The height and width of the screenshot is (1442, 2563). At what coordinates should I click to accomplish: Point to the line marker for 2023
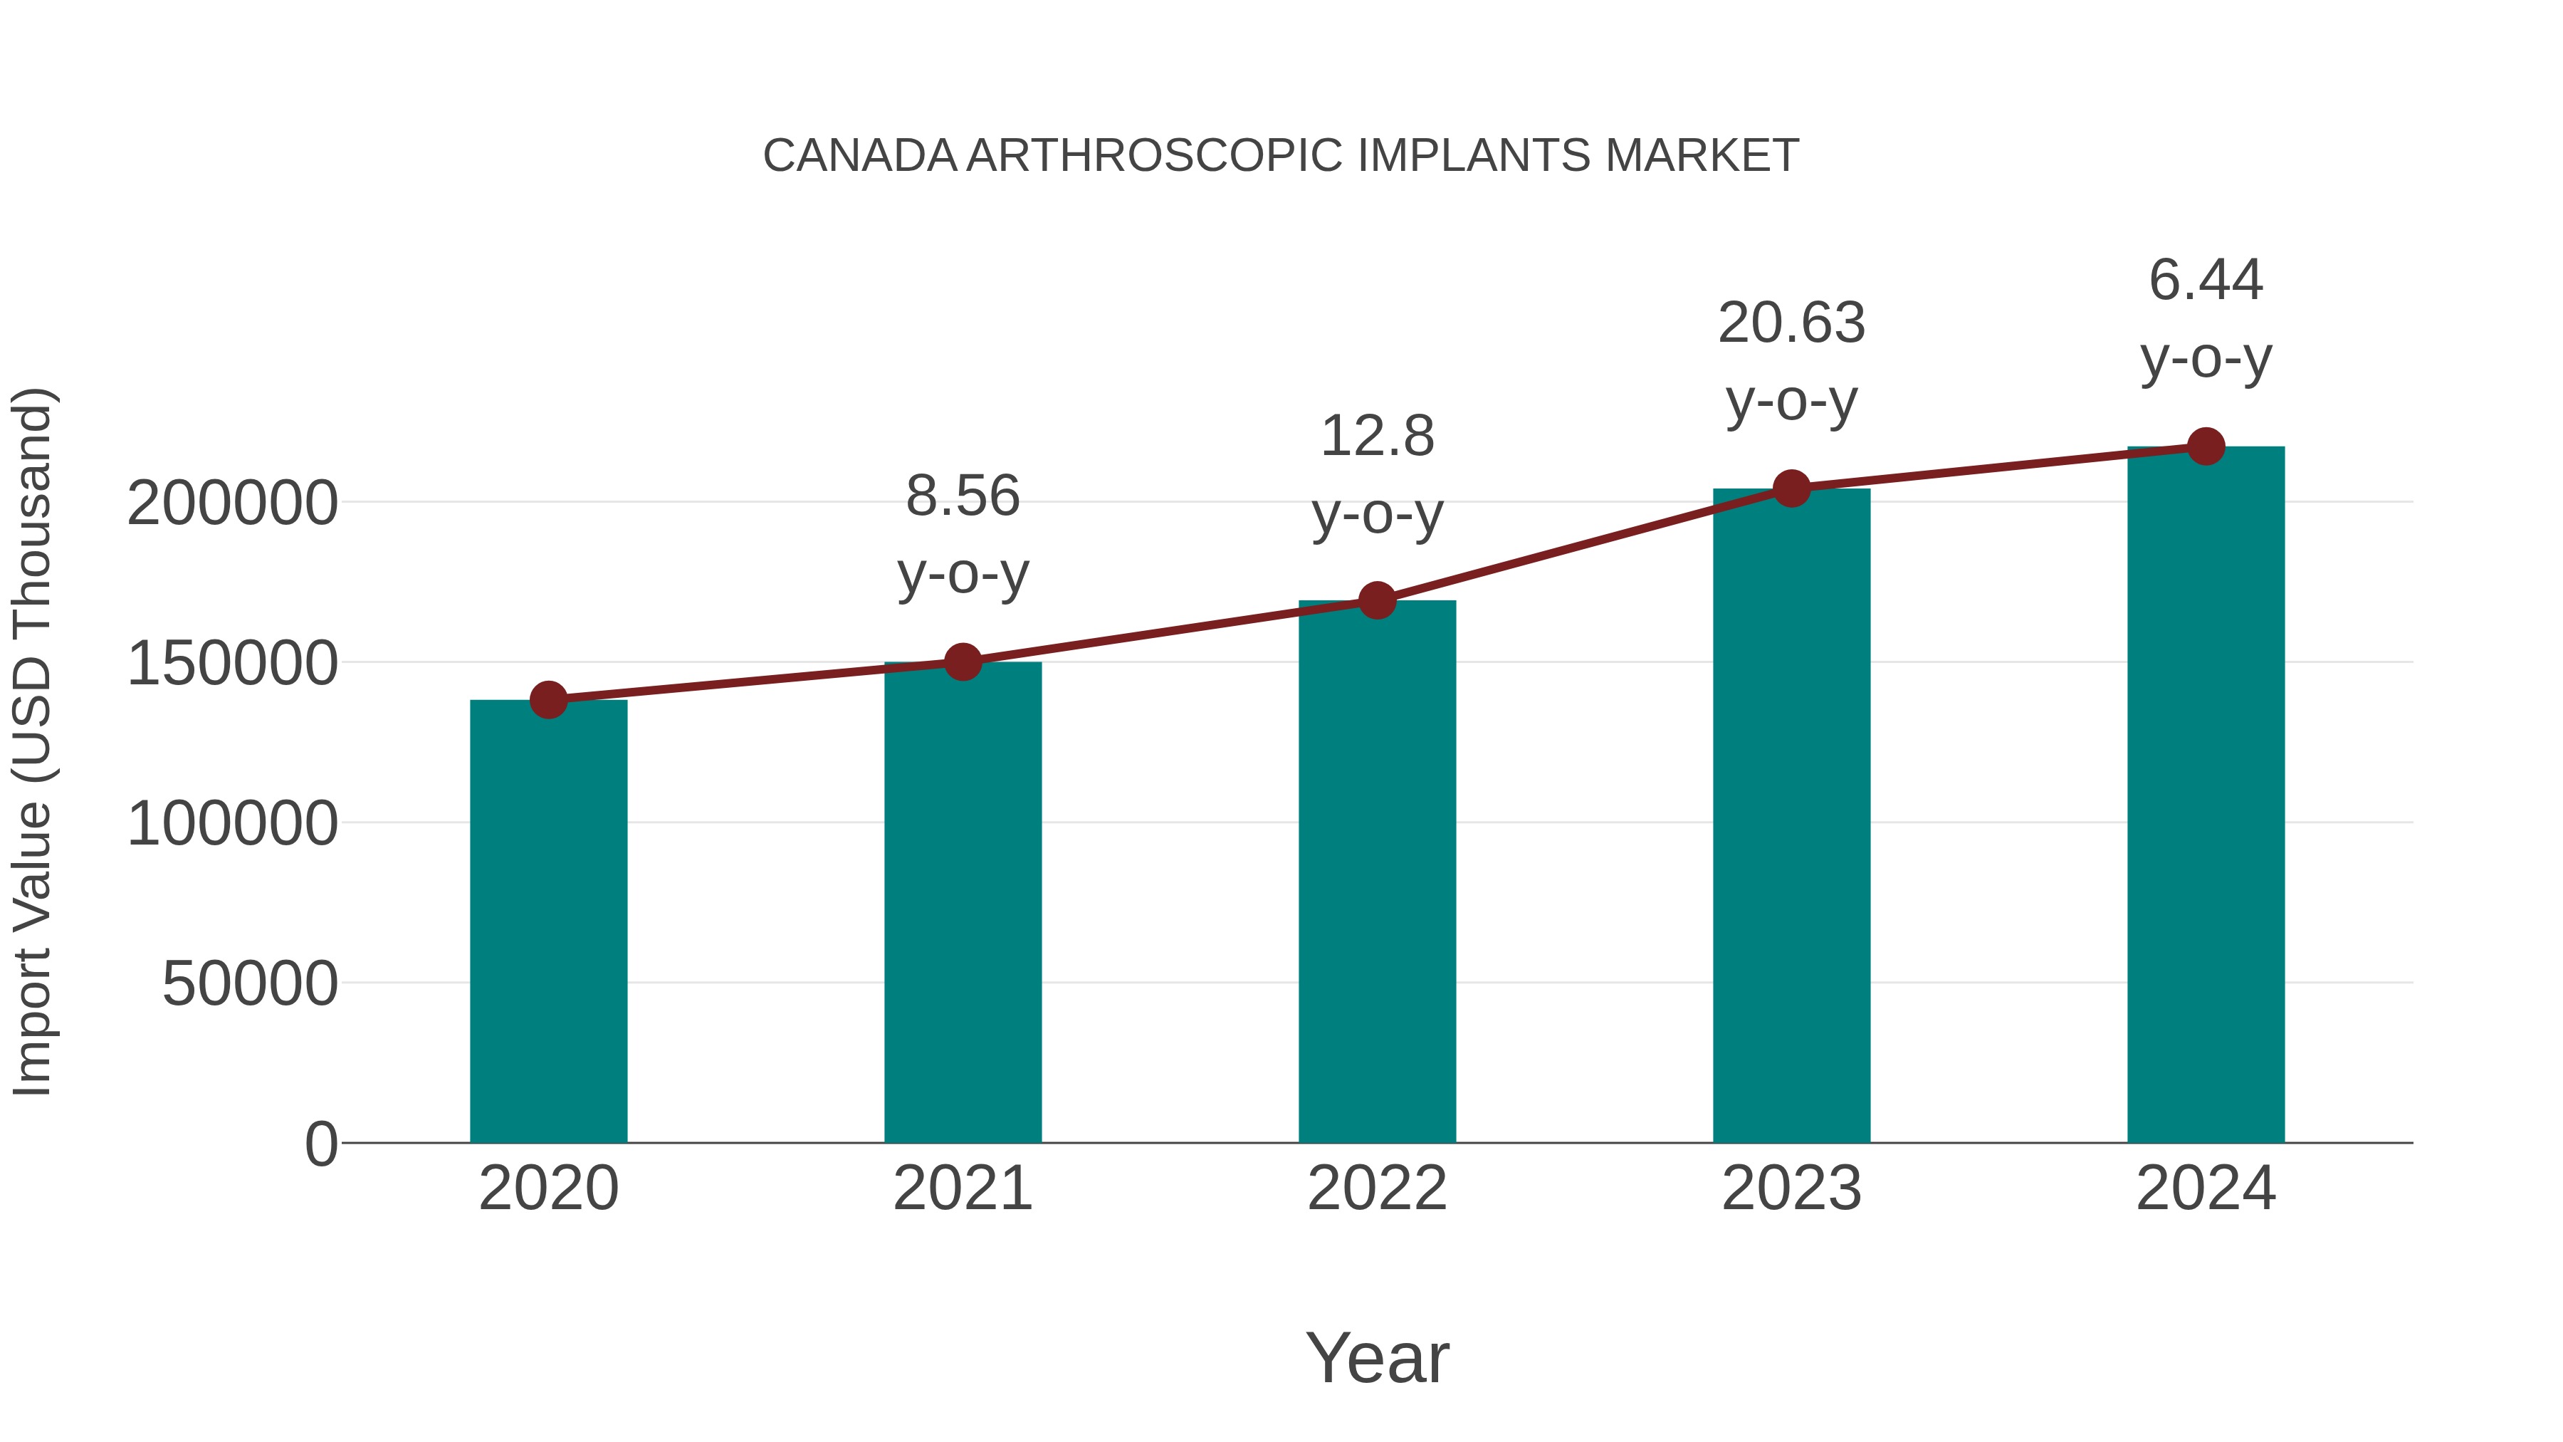tap(1791, 488)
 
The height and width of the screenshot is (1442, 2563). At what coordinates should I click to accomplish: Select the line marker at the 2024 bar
tap(2206, 446)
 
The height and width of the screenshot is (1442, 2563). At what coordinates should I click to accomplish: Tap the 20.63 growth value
tap(1791, 323)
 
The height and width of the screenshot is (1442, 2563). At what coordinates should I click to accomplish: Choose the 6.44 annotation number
tap(2206, 280)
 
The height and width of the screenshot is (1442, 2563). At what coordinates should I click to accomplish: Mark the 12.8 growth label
tap(1377, 437)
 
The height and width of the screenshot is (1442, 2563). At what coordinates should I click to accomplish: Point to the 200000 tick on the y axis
tap(233, 503)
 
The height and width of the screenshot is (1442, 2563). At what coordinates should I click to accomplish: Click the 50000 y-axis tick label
tap(250, 984)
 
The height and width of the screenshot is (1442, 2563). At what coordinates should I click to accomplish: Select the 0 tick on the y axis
tap(320, 1144)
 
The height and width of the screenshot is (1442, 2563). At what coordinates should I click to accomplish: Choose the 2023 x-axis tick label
tap(1791, 1188)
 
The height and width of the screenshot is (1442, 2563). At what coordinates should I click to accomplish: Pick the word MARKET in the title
tap(1702, 156)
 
